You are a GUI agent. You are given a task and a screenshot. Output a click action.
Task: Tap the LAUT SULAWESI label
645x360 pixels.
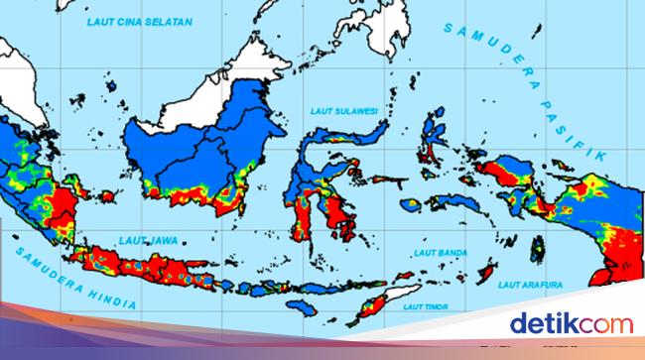click(339, 111)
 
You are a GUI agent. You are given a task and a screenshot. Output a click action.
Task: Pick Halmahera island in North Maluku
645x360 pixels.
click(432, 139)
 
